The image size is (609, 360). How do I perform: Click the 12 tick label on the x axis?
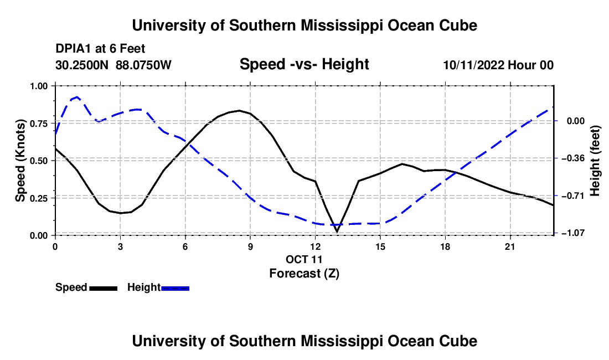(x=316, y=246)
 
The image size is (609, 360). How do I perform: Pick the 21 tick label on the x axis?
(x=510, y=246)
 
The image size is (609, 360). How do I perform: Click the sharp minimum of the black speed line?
(x=337, y=232)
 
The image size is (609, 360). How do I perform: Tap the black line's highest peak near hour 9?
(x=239, y=111)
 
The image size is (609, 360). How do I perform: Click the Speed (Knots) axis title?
(x=20, y=161)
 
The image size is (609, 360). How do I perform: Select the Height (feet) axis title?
(x=595, y=161)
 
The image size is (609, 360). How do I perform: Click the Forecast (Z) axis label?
(x=304, y=274)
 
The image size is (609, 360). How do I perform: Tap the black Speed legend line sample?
(x=104, y=288)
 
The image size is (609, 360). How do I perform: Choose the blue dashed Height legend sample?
(x=175, y=288)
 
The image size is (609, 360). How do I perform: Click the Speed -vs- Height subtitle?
(x=304, y=64)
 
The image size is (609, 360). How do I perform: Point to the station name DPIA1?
(x=74, y=49)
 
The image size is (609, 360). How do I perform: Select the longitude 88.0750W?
(x=143, y=65)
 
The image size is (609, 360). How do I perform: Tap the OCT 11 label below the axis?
(x=304, y=259)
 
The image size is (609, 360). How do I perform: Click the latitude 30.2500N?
(x=82, y=65)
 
